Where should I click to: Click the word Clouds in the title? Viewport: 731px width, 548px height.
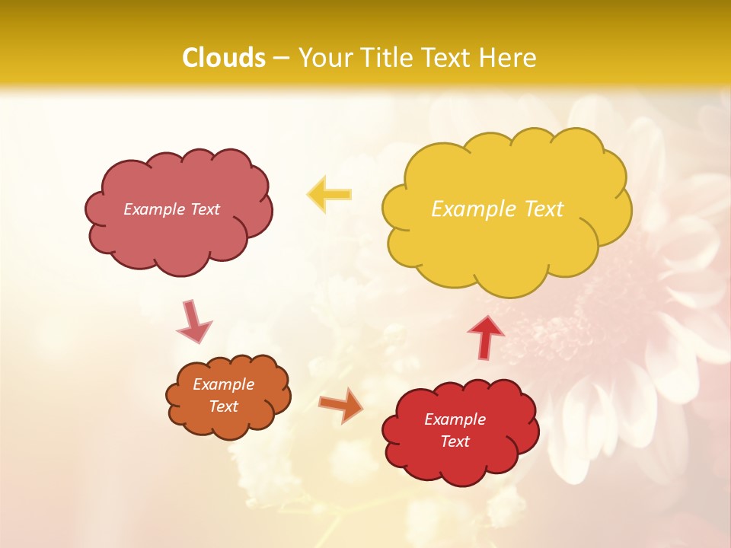(x=224, y=58)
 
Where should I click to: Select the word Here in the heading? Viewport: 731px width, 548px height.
(x=509, y=58)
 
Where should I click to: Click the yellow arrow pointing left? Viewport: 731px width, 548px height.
(x=329, y=194)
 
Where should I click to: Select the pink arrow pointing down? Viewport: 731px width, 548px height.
(x=193, y=321)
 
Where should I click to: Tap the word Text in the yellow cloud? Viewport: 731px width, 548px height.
(x=543, y=209)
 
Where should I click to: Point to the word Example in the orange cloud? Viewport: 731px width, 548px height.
(x=224, y=384)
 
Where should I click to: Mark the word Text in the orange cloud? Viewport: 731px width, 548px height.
(x=224, y=406)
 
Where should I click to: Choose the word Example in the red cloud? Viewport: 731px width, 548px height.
(x=455, y=419)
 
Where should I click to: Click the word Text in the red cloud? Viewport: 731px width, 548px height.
(x=455, y=441)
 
